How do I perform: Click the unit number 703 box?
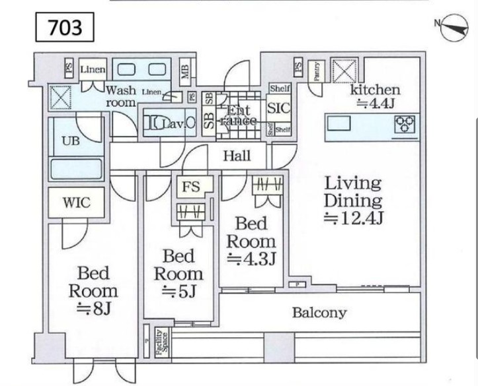pyautogui.click(x=65, y=27)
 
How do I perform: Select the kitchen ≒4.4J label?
pyautogui.click(x=375, y=95)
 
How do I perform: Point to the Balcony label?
pyautogui.click(x=319, y=313)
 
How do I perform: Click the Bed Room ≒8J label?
pyautogui.click(x=93, y=290)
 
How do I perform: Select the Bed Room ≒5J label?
pyautogui.click(x=178, y=273)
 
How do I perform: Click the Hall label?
pyautogui.click(x=237, y=156)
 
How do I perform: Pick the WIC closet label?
pyautogui.click(x=76, y=202)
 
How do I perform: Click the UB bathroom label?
pyautogui.click(x=72, y=141)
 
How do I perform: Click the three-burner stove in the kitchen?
pyautogui.click(x=405, y=123)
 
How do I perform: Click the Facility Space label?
pyautogui.click(x=159, y=342)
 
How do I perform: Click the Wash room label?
pyautogui.click(x=121, y=96)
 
